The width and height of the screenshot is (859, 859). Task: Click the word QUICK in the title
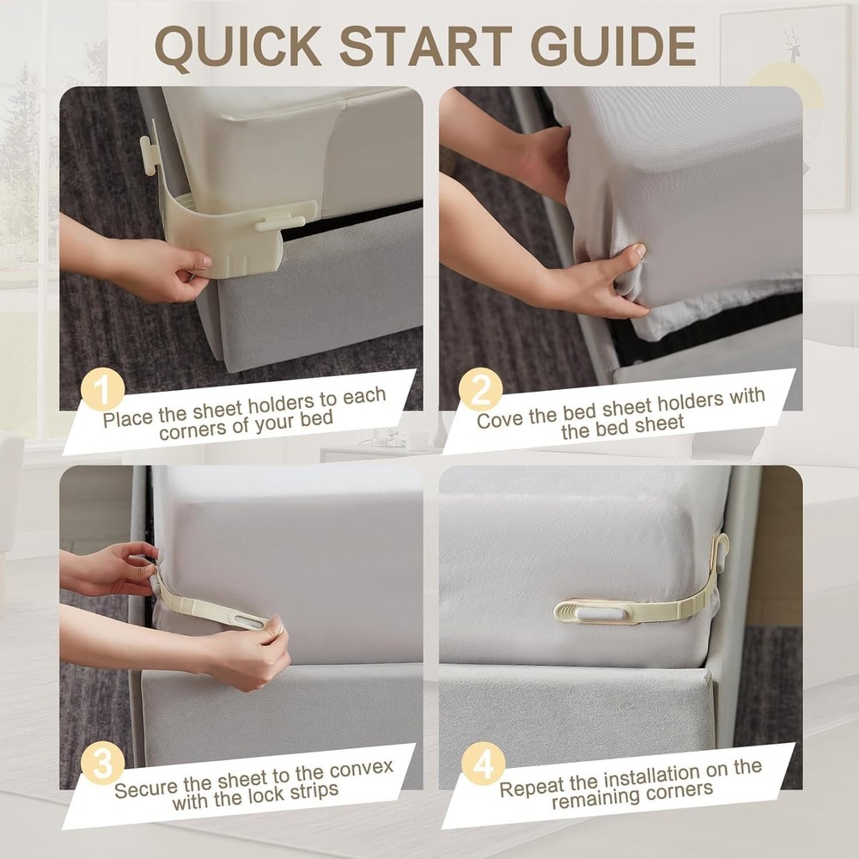[238, 46]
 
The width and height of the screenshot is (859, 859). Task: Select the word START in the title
[426, 46]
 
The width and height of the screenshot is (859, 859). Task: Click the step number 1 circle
[102, 389]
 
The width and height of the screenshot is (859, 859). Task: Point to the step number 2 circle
[480, 389]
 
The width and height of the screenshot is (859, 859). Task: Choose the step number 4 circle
[483, 763]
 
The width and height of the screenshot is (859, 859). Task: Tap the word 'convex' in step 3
[361, 770]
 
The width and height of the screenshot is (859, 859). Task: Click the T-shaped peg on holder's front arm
[280, 222]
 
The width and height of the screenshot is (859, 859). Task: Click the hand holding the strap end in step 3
[253, 655]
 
